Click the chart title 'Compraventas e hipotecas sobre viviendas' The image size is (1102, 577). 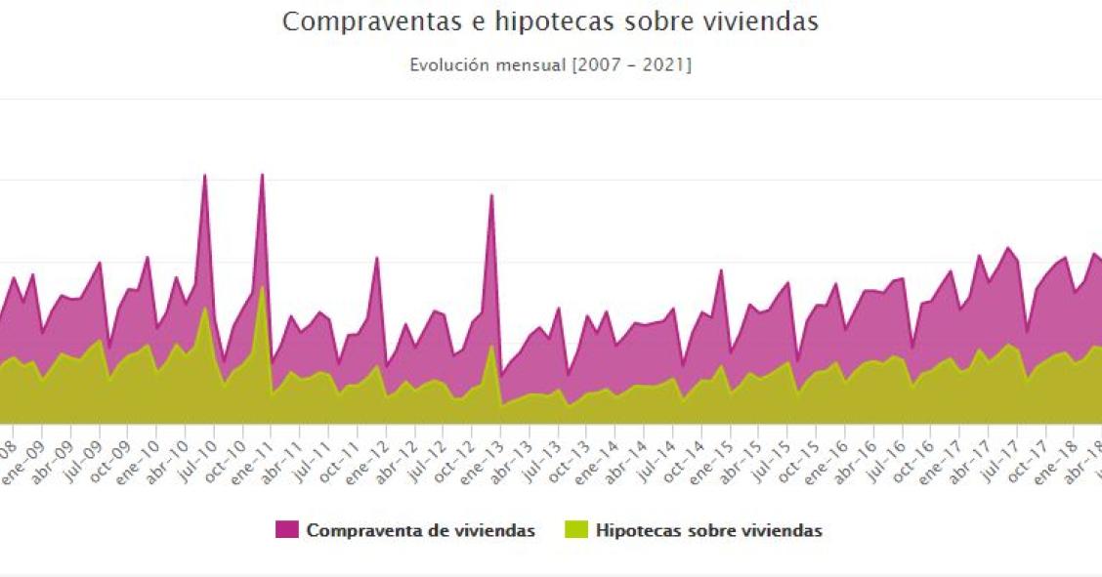(550, 21)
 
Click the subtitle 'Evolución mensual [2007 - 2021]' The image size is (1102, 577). (550, 65)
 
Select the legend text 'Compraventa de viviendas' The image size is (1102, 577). (420, 531)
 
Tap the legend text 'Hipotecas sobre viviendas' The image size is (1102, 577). (708, 531)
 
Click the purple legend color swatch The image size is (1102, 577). (286, 531)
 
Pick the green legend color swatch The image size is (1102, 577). (576, 531)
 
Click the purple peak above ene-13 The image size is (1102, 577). (491, 196)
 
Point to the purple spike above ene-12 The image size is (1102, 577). (377, 259)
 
